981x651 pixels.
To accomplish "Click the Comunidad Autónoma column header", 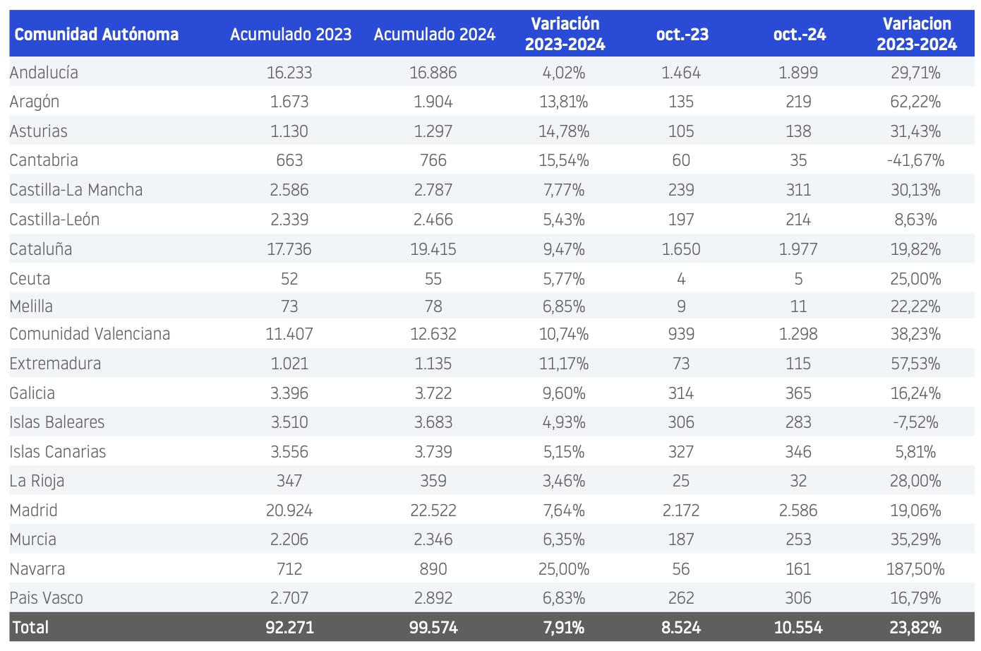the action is [x=97, y=34].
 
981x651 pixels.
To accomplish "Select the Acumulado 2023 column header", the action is [x=291, y=34].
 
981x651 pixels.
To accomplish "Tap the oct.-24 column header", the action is [x=800, y=34].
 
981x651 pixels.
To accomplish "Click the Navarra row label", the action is [x=37, y=568].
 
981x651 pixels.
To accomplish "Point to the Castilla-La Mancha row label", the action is [x=76, y=190].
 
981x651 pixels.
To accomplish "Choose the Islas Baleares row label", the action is [x=57, y=422].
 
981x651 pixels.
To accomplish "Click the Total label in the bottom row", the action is [x=30, y=627].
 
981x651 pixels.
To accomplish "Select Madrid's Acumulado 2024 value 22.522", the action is [x=433, y=510].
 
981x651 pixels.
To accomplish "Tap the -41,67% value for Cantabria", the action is [x=916, y=160].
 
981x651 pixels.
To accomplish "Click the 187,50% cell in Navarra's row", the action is [x=916, y=568].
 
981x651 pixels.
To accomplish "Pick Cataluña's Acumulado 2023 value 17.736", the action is [x=289, y=249].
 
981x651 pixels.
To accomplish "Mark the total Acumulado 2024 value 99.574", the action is [x=433, y=627].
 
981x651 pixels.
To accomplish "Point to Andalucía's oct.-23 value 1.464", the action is [x=681, y=72].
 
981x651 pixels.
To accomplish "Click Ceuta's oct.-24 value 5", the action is [x=798, y=279].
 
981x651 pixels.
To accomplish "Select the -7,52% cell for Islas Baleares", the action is [x=916, y=422].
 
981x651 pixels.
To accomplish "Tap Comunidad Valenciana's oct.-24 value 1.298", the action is [x=798, y=334].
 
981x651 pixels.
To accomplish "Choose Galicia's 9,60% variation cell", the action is [x=564, y=393].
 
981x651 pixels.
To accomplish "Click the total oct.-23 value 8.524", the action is [x=681, y=627].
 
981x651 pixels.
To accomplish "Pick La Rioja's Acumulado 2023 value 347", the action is [x=289, y=481].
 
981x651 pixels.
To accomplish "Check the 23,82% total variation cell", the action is [x=916, y=627].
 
